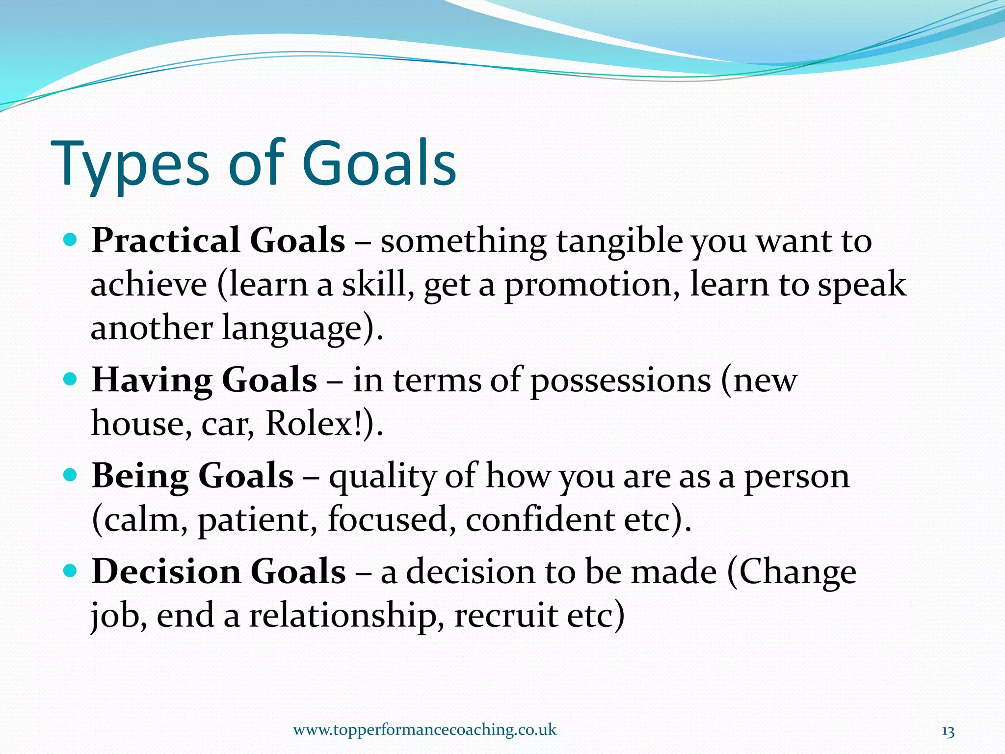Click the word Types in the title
[x=130, y=164]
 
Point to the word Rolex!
[x=314, y=423]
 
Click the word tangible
[x=619, y=242]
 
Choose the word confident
[x=540, y=519]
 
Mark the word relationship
[x=343, y=616]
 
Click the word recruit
[x=506, y=616]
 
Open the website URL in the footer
[x=424, y=729]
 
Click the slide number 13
[x=948, y=732]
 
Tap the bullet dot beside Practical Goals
[x=71, y=240]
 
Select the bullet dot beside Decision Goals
[x=71, y=570]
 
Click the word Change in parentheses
[x=797, y=572]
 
